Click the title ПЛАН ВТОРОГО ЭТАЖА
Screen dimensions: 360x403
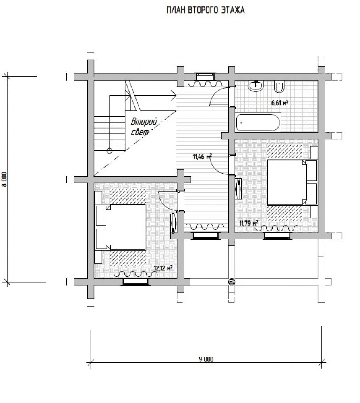pos(205,10)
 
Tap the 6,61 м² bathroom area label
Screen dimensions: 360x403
pos(279,103)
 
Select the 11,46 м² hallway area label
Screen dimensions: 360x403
pos(202,156)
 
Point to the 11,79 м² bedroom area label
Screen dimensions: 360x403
pos(248,223)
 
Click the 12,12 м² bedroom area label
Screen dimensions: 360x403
pos(163,268)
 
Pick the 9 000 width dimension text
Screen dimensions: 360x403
pos(206,359)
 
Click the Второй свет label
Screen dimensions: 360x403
pos(143,127)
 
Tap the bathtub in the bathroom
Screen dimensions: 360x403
pos(258,123)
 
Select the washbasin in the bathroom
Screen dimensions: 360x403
pos(256,85)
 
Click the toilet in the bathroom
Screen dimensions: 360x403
pos(279,86)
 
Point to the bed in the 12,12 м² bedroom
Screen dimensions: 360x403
pos(121,227)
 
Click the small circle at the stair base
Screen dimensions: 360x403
pos(110,151)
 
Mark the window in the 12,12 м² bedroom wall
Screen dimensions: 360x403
pos(136,282)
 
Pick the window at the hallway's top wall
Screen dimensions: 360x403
pos(206,77)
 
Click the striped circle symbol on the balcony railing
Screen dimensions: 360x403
pos(232,282)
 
